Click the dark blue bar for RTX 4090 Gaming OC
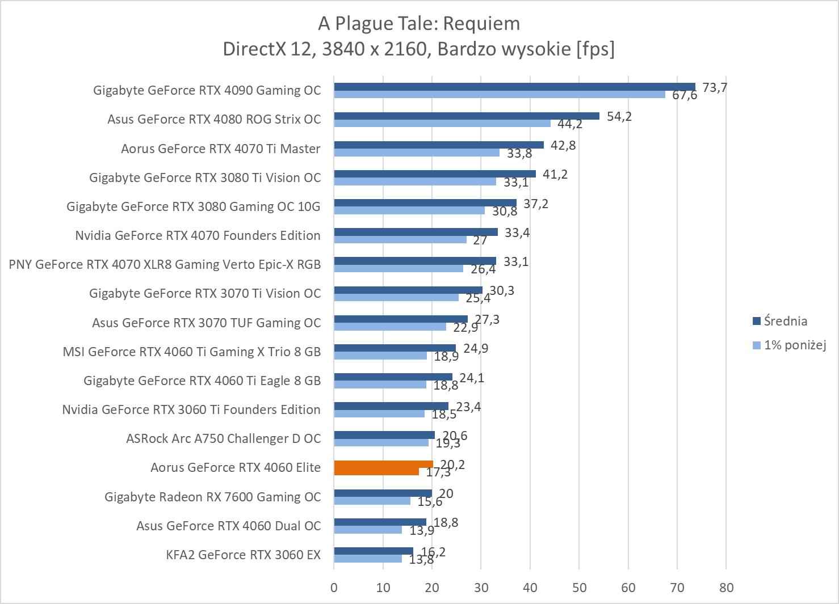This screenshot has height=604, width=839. coord(514,87)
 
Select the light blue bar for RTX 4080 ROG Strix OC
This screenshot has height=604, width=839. coord(442,124)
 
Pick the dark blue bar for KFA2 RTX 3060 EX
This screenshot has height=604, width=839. coord(373,551)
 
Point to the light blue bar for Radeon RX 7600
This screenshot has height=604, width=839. coord(372,501)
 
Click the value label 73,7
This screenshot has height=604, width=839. coord(715,87)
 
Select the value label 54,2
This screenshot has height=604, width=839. coord(619,116)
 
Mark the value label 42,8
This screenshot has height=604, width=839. coord(563,145)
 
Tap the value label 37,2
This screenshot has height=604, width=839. coord(536,204)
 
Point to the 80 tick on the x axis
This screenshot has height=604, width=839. coord(726,588)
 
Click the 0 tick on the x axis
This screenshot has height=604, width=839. coord(334,588)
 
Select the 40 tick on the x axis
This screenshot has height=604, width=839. coord(530,588)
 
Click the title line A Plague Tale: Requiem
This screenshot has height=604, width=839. coord(419,23)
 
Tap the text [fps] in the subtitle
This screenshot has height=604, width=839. coord(595,49)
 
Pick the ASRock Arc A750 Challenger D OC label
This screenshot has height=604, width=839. coord(223,438)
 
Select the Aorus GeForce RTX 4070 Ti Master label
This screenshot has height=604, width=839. coord(221,149)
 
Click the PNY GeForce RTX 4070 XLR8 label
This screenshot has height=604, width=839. coord(165,264)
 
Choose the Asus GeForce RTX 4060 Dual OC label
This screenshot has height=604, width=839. coord(228,526)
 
